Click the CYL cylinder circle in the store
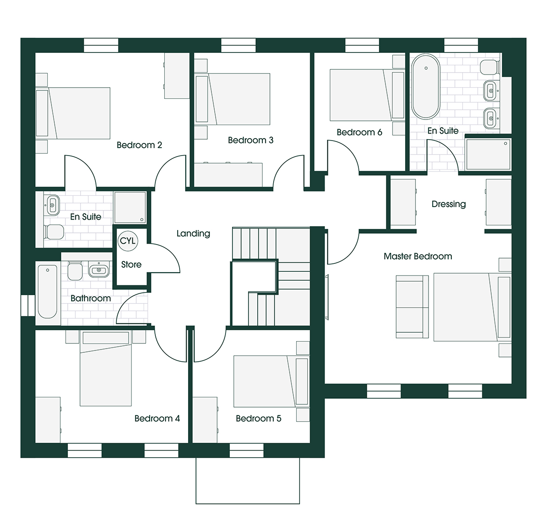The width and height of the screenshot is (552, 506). (128, 241)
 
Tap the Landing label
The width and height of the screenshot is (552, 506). (193, 233)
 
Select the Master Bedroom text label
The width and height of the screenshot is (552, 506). (418, 256)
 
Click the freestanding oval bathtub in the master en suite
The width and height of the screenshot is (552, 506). (426, 86)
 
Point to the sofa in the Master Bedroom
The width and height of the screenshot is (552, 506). (412, 307)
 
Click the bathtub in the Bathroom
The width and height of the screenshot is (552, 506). (48, 291)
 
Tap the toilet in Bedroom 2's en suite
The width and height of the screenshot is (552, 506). (54, 232)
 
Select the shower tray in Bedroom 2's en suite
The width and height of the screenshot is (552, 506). (130, 208)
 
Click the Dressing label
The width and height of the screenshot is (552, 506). (449, 204)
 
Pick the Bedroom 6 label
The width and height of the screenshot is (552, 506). (359, 132)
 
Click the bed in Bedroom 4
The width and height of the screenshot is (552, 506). (106, 368)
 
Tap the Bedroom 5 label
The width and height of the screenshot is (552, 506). (258, 418)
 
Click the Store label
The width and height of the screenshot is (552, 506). (131, 264)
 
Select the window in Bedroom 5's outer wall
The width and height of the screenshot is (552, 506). (247, 451)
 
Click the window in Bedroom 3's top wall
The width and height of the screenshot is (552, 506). (238, 45)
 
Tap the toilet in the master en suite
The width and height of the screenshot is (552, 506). (490, 67)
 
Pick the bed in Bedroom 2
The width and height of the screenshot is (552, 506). (73, 113)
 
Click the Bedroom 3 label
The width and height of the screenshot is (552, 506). (251, 141)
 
